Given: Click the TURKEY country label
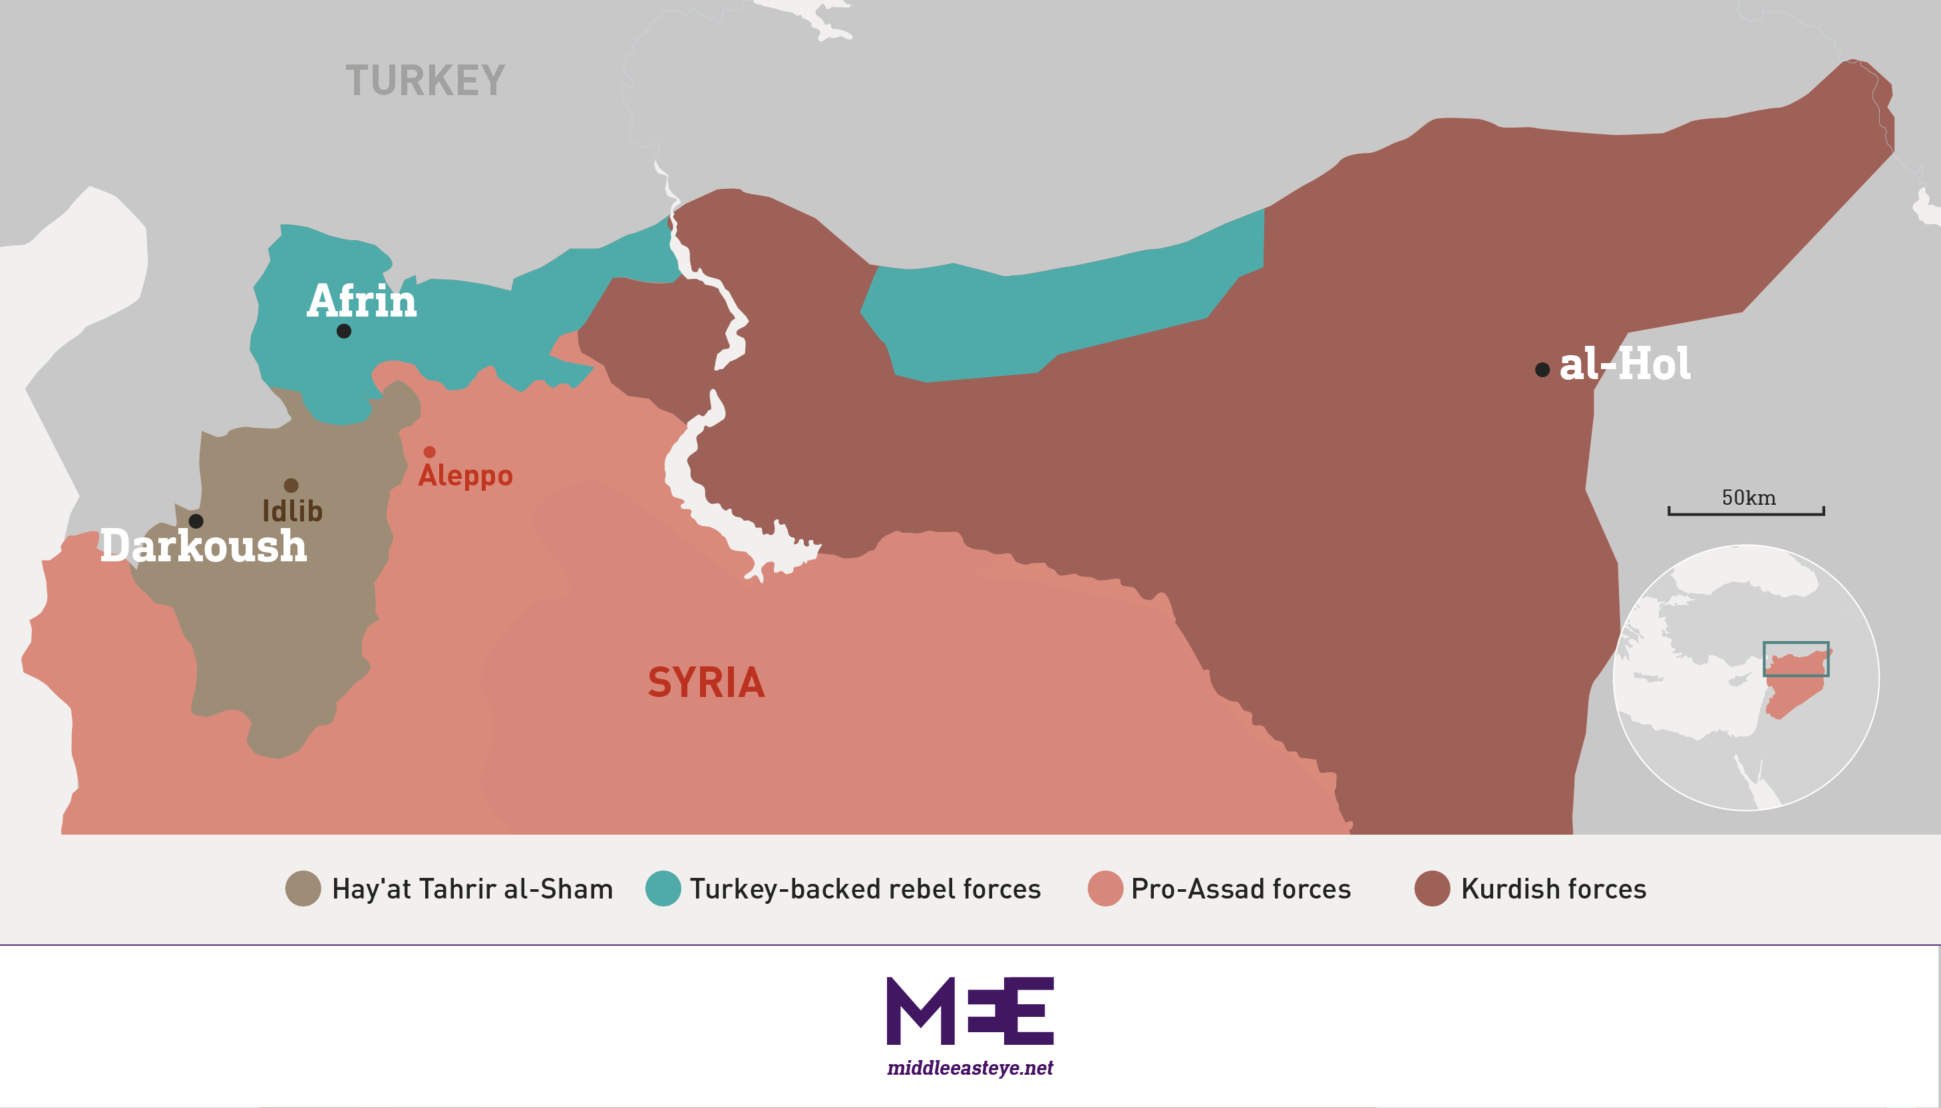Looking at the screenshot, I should pos(425,80).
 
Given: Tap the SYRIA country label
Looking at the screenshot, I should pos(705,682).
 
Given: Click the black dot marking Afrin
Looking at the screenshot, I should pos(344,331).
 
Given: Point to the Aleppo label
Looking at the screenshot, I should pos(465,476).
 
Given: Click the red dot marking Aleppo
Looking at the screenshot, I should pos(429,452).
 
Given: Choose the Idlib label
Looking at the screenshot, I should pos(292,511).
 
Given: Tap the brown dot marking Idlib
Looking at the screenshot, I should pos(291,485).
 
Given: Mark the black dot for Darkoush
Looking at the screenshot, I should pos(196,521).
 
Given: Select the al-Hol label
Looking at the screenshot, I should pos(1624,364).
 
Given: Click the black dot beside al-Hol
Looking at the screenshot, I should pos(1542,370).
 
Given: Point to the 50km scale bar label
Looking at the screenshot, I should pos(1749,497).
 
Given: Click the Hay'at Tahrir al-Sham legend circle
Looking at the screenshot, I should pos(303,888).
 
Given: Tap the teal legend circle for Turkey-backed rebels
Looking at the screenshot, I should pos(663,888).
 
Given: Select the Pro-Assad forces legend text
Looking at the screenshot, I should pos(1241,889).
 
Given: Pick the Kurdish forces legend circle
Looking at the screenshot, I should pos(1432,888).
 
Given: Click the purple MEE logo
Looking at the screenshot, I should pos(970,1011).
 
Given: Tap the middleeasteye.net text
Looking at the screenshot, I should pos(970,1067).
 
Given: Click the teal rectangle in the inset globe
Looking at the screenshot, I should pos(1796,659).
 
